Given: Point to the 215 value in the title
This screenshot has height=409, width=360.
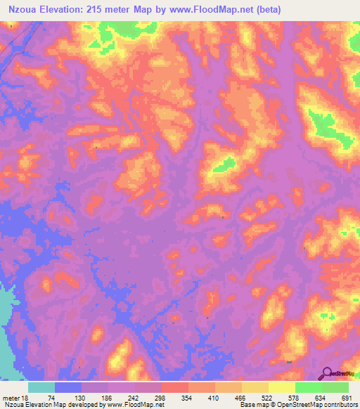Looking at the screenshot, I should tap(114, 10).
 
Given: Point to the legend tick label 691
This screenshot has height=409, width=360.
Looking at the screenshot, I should tap(346, 398).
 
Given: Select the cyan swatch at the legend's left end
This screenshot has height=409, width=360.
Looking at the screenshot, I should tap(41, 387).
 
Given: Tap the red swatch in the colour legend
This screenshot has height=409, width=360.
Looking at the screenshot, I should tap(175, 387).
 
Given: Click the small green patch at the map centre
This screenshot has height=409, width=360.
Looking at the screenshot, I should tap(225, 164).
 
